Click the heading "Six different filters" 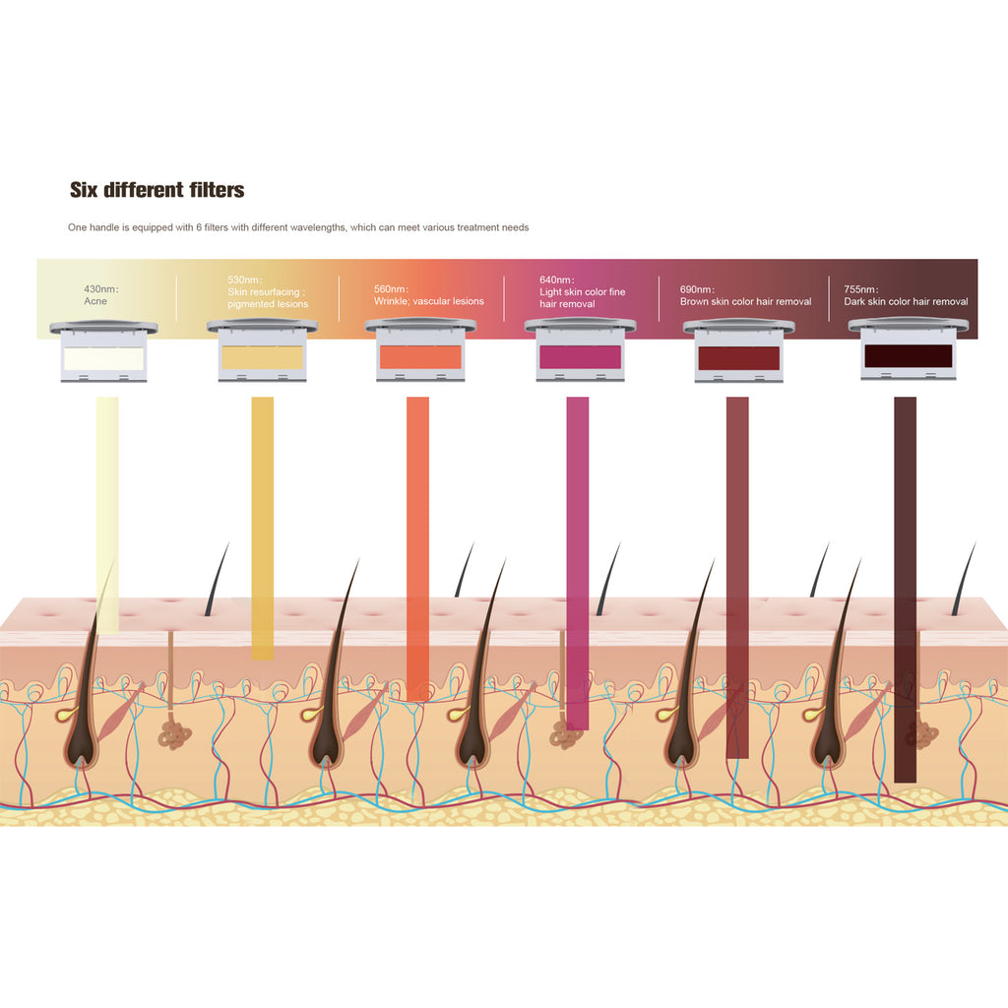[x=157, y=190]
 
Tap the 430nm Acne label [x=102, y=295]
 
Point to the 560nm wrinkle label [x=428, y=295]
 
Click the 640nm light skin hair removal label [x=582, y=297]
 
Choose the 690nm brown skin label [x=745, y=295]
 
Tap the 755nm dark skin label [x=906, y=295]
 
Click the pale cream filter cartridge [x=103, y=354]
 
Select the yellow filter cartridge [x=262, y=354]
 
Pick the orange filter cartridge [x=420, y=354]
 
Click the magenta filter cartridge [x=580, y=354]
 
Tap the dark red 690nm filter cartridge [x=738, y=354]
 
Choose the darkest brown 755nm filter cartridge [x=907, y=354]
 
